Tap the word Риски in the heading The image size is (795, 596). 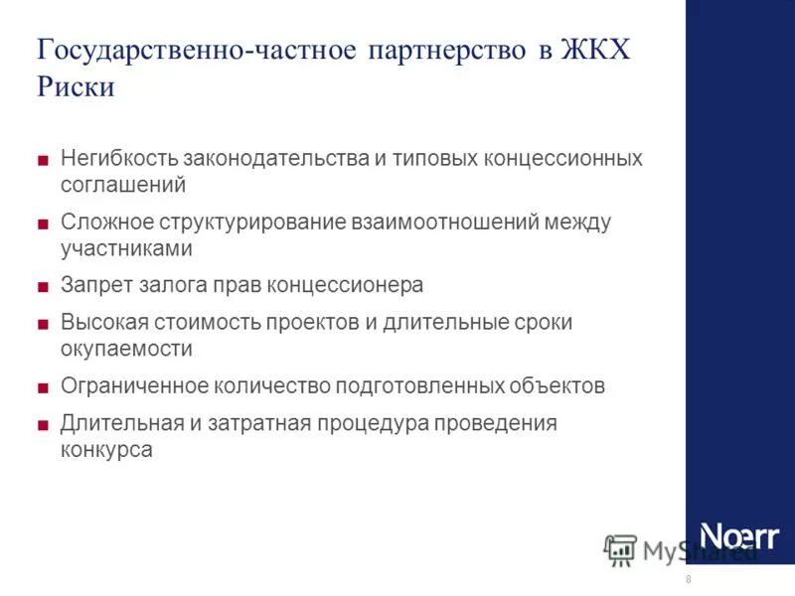pyautogui.click(x=77, y=87)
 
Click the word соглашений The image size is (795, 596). pyautogui.click(x=123, y=185)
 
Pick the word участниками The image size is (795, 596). pyautogui.click(x=126, y=248)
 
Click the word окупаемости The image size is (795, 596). pyautogui.click(x=126, y=349)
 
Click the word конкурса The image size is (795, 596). pyautogui.click(x=106, y=449)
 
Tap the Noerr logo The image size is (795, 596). pyautogui.click(x=739, y=535)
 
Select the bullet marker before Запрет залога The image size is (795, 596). pyautogui.click(x=43, y=286)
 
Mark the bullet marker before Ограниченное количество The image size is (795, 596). pyautogui.click(x=43, y=386)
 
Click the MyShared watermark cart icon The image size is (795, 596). pyautogui.click(x=620, y=549)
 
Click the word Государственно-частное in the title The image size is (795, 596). pyautogui.click(x=196, y=50)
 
